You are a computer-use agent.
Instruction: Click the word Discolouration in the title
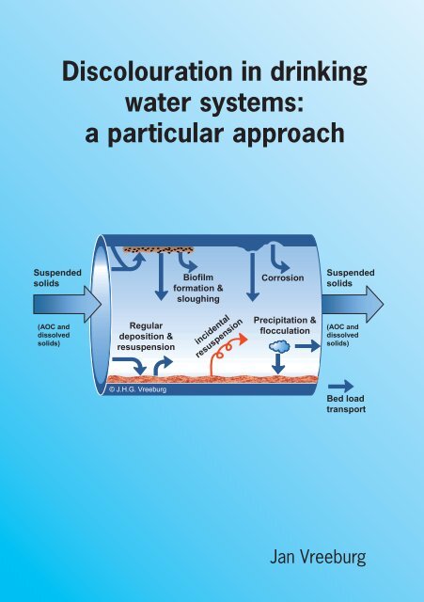147,72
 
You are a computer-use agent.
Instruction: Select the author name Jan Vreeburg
318,557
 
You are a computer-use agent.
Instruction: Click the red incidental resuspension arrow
227,351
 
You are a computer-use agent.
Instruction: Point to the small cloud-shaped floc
279,347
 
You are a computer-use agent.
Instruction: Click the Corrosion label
283,277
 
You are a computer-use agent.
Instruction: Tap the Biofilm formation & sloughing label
198,288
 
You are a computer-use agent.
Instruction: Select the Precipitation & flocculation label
285,325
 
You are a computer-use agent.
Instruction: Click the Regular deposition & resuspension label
146,337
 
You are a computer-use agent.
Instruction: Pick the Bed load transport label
346,404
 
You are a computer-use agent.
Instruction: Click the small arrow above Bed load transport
340,387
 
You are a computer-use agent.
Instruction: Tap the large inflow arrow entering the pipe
67,305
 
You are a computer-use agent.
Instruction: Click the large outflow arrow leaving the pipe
353,305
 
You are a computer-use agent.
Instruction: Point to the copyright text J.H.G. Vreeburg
138,389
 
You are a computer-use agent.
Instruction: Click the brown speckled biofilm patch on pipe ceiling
158,250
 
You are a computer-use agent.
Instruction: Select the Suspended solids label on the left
57,278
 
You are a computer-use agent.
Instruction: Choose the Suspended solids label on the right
351,278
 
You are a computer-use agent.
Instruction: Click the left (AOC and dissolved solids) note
54,335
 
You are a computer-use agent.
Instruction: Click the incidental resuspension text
219,337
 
